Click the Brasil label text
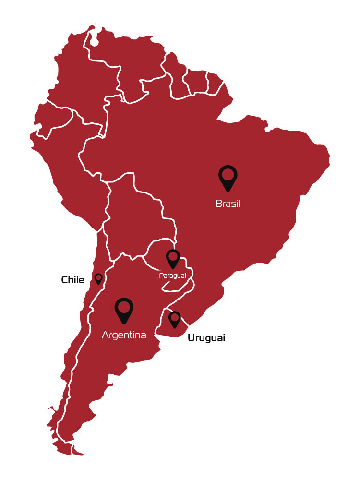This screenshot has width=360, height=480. (x=228, y=204)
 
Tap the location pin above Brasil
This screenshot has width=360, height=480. (x=228, y=177)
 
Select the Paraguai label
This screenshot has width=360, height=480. (x=172, y=276)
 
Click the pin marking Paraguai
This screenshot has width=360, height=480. (x=173, y=258)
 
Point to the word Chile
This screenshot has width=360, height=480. (x=73, y=280)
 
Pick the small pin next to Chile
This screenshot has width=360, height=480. (x=98, y=278)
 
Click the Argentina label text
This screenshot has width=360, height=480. (x=124, y=335)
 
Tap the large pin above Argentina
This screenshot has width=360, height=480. (x=124, y=309)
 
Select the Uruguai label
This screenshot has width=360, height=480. (x=206, y=338)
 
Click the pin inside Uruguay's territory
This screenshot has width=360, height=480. (x=175, y=319)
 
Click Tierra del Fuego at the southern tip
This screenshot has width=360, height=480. (x=65, y=449)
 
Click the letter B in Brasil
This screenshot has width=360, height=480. (x=218, y=204)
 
